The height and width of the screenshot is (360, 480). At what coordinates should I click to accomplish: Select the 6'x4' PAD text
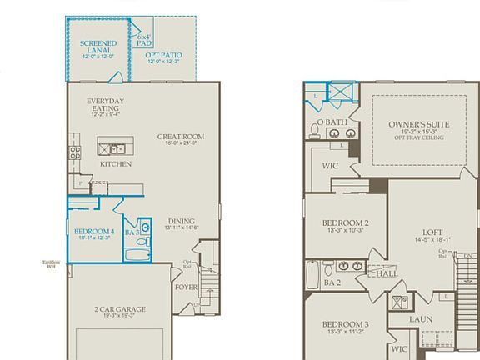[143, 40]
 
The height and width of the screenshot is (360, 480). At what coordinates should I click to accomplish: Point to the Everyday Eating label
[107, 104]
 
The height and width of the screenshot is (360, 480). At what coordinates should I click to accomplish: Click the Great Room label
[181, 137]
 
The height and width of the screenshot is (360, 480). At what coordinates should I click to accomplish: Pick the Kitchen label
[116, 164]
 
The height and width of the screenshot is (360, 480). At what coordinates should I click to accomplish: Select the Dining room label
[181, 222]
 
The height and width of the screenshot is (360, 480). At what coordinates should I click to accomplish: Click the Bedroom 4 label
[92, 231]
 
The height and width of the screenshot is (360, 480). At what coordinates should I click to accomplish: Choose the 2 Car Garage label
[119, 309]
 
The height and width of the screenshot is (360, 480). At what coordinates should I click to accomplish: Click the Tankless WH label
[52, 265]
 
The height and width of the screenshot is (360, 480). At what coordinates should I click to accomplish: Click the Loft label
[432, 232]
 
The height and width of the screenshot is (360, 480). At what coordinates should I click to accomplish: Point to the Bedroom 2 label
[345, 222]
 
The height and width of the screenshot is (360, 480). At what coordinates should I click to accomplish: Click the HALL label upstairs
[387, 273]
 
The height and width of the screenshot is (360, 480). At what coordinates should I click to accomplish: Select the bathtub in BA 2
[313, 272]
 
